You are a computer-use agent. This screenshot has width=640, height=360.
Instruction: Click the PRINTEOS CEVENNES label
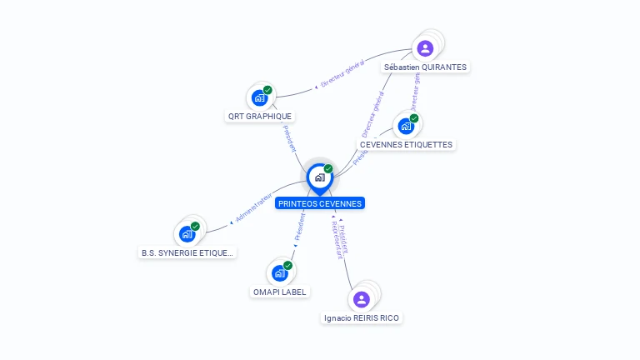click(320, 203)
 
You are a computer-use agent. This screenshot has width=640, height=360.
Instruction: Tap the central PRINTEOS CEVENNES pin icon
click(319, 177)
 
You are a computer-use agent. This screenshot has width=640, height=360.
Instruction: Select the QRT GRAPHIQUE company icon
click(259, 97)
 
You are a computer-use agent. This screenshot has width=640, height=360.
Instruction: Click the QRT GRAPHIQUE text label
click(261, 117)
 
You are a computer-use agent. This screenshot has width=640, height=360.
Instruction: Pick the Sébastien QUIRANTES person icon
click(425, 47)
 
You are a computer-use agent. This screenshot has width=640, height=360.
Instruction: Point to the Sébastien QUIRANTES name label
click(426, 67)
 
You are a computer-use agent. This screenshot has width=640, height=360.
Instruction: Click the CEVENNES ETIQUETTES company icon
click(406, 126)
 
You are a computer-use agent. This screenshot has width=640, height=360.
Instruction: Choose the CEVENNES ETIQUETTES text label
click(406, 145)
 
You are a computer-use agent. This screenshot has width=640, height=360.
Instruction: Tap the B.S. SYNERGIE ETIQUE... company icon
click(187, 233)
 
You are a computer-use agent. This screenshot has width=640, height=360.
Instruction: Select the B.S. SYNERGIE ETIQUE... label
click(188, 252)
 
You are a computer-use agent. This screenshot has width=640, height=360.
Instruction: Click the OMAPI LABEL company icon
click(279, 272)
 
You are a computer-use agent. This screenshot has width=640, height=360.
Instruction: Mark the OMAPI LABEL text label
click(280, 292)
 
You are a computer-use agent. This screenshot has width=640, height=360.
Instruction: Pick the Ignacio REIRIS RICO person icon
click(361, 298)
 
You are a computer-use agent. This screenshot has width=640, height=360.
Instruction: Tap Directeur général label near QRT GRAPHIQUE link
click(343, 75)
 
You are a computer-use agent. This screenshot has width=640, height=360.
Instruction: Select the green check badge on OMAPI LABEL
click(287, 265)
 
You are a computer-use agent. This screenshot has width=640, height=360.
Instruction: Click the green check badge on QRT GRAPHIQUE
click(267, 90)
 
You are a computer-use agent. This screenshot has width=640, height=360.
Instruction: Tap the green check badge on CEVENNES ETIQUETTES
click(414, 118)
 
